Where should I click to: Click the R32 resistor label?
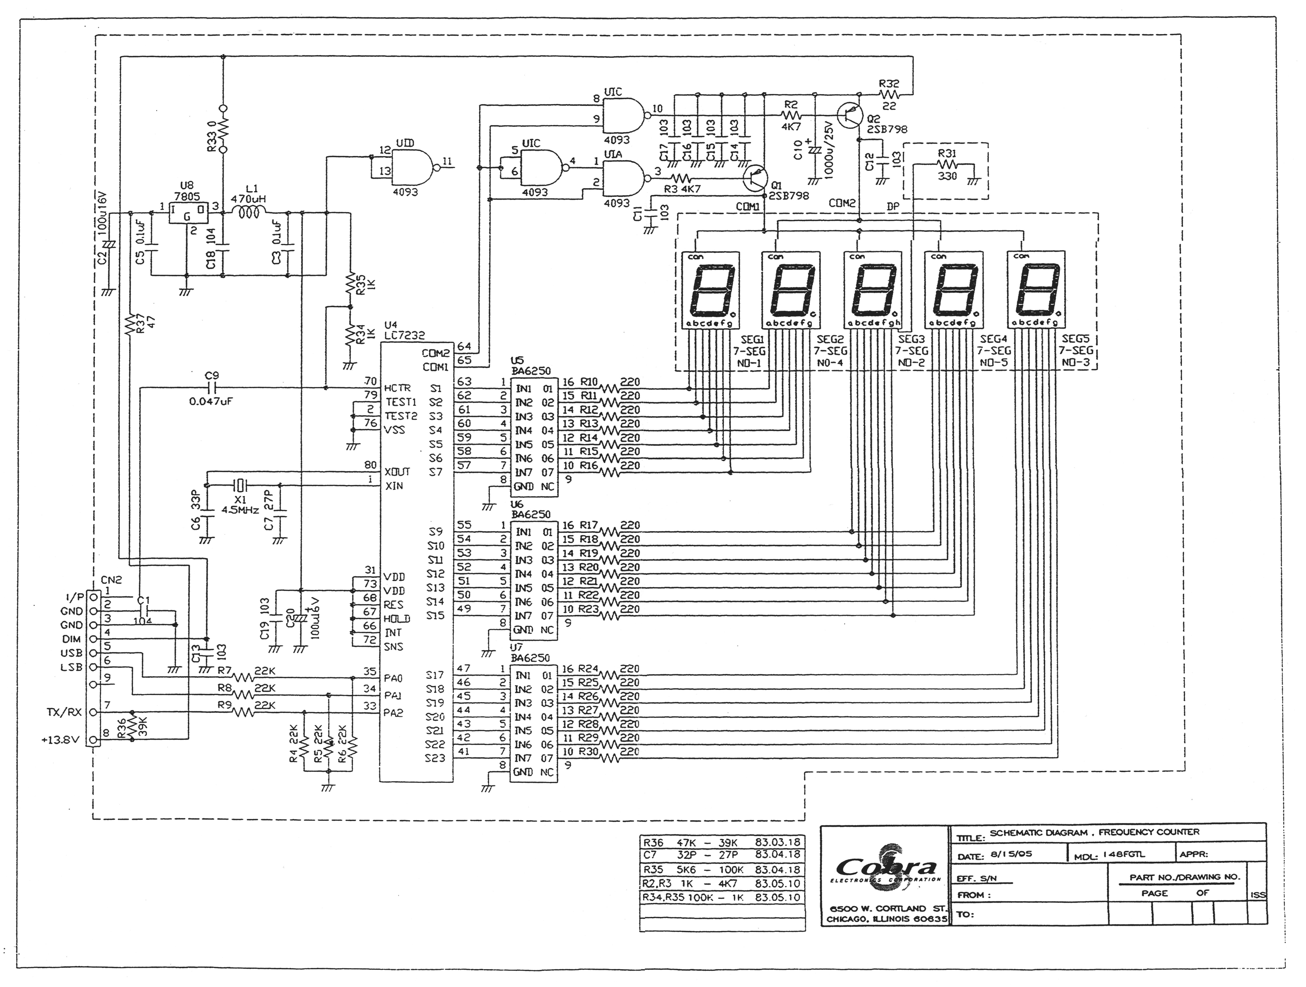click(889, 83)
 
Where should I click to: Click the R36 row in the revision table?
click(722, 842)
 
